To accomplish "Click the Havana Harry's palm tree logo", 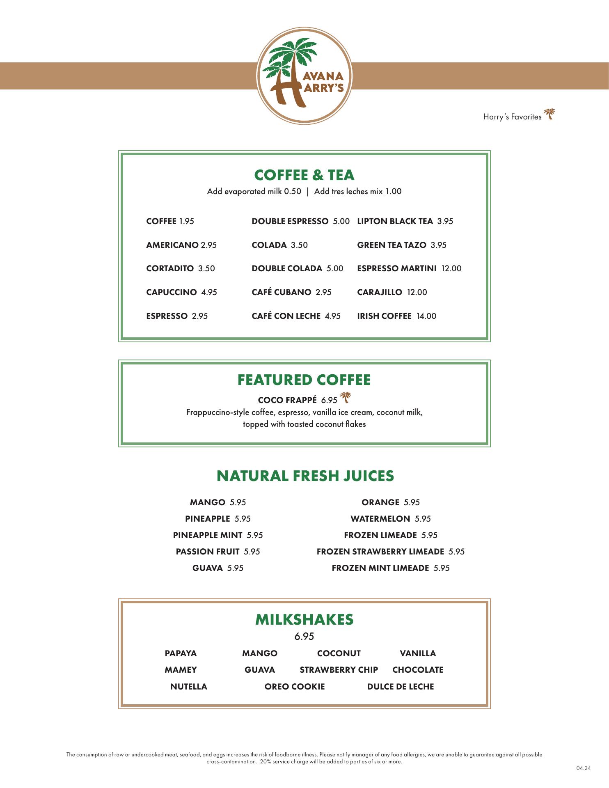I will point(304,76).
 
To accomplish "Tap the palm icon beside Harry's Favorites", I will point(549,114).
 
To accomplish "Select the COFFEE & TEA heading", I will point(304,175).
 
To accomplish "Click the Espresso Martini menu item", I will point(397,268).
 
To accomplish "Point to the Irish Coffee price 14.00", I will point(426,316).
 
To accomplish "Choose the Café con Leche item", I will point(286,316).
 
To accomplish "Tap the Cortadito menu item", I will point(170,268).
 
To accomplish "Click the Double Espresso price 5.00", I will point(341,221).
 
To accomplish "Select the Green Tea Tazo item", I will point(391,245).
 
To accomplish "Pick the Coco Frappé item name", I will point(287,400).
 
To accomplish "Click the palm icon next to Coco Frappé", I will point(346,397).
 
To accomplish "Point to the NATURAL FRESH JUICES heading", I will point(305,476).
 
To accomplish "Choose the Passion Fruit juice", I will point(208,552).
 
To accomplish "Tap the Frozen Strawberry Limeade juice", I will point(380,552).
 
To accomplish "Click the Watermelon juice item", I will point(380,519).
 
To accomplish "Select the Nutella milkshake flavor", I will point(189,687).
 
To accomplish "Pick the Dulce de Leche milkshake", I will point(400,687).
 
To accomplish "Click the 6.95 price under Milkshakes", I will point(304,636).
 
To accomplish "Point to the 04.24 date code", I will point(583,768).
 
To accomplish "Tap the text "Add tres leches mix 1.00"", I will point(358,191).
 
